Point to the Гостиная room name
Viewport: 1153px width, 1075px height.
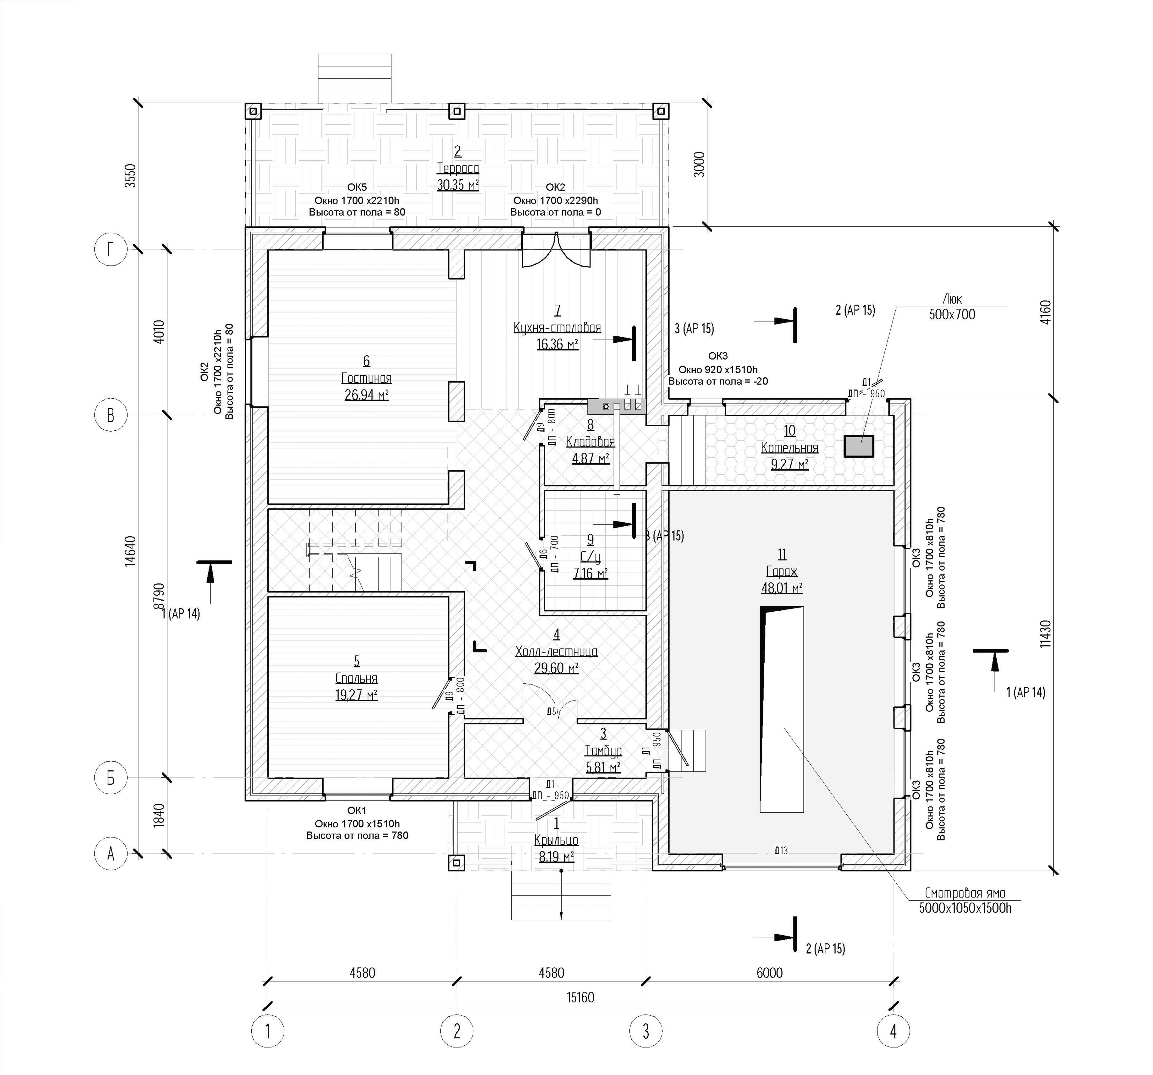367,379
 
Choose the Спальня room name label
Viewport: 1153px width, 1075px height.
356,678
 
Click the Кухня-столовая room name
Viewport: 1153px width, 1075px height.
557,328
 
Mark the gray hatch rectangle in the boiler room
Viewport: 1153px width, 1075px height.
858,446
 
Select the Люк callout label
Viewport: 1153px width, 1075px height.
952,299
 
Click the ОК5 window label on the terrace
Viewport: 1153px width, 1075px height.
357,187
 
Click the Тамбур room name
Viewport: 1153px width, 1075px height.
603,751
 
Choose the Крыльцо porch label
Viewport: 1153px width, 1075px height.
556,840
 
